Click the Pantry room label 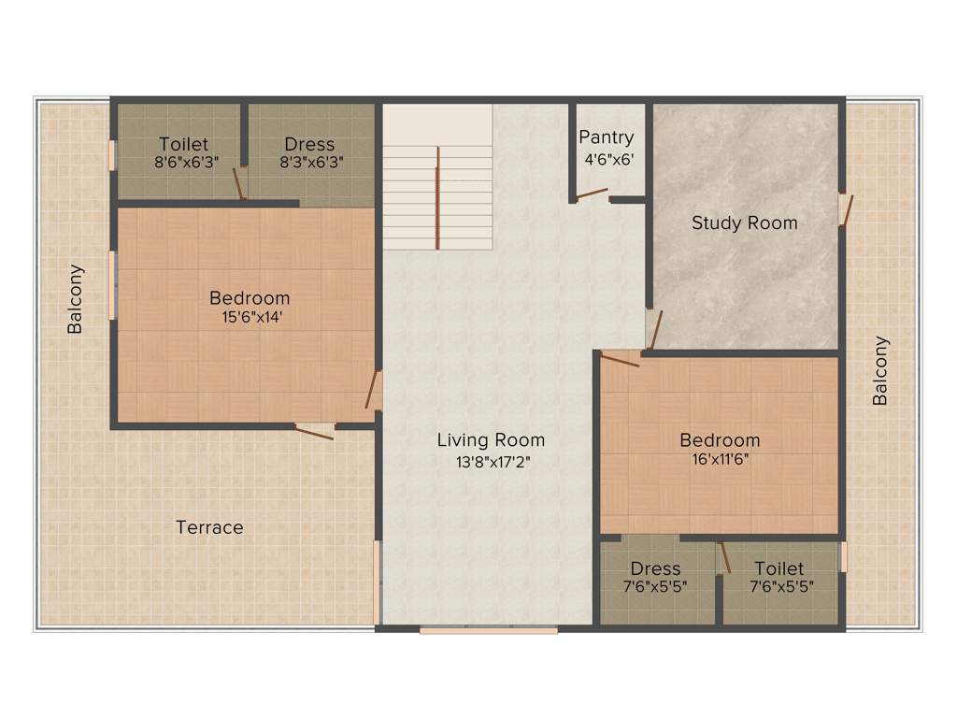tap(606, 137)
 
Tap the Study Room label tap(744, 223)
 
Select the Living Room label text tap(491, 439)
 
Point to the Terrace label tap(209, 527)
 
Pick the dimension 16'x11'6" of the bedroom tap(719, 459)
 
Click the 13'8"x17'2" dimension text tap(491, 461)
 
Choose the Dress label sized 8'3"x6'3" tap(309, 144)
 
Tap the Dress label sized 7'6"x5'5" tap(655, 568)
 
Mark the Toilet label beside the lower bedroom tap(778, 568)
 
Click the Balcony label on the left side tap(75, 299)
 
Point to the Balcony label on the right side tap(879, 370)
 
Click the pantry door tap(592, 194)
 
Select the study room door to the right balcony tap(846, 209)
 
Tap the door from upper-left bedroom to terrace tap(316, 430)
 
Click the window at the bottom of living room tap(488, 630)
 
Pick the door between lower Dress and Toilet tap(722, 559)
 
